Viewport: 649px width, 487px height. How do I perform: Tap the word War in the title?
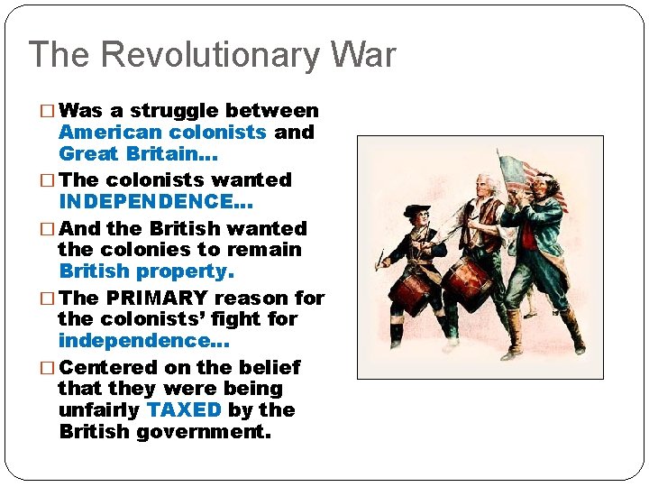coord(358,55)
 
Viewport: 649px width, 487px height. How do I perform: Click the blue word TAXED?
coord(184,409)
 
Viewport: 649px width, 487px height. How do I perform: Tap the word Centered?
coord(108,367)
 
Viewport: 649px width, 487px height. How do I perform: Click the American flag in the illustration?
coord(532,177)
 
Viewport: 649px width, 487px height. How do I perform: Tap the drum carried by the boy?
coord(412,290)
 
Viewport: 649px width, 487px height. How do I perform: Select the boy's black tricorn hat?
coord(414,211)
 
